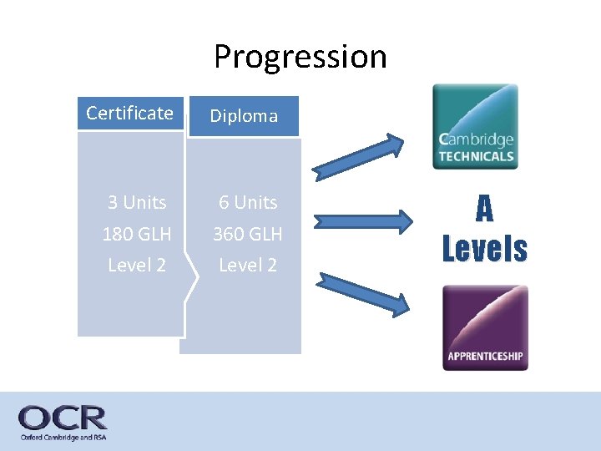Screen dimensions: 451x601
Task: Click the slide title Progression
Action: (300, 57)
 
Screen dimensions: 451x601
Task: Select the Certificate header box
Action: (129, 114)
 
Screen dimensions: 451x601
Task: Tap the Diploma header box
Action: (243, 116)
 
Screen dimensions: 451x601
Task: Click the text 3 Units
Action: (137, 202)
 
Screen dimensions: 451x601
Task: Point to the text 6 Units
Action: (248, 202)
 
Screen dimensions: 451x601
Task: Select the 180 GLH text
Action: (137, 234)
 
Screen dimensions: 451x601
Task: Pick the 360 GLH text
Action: (248, 234)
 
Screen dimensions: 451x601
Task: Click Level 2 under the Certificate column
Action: (137, 265)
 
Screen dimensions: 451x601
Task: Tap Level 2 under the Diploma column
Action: (248, 265)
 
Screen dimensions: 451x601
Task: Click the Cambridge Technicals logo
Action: (475, 126)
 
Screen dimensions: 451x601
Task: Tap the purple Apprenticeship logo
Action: (485, 327)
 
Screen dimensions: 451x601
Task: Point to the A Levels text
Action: (485, 229)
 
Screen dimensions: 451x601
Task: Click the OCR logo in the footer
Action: (63, 418)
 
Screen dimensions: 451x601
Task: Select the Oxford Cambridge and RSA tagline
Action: (63, 437)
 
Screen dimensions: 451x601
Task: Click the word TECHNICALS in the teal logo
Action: (476, 155)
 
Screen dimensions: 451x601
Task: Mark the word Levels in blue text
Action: (485, 248)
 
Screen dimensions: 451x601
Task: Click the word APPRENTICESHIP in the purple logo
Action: (485, 357)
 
